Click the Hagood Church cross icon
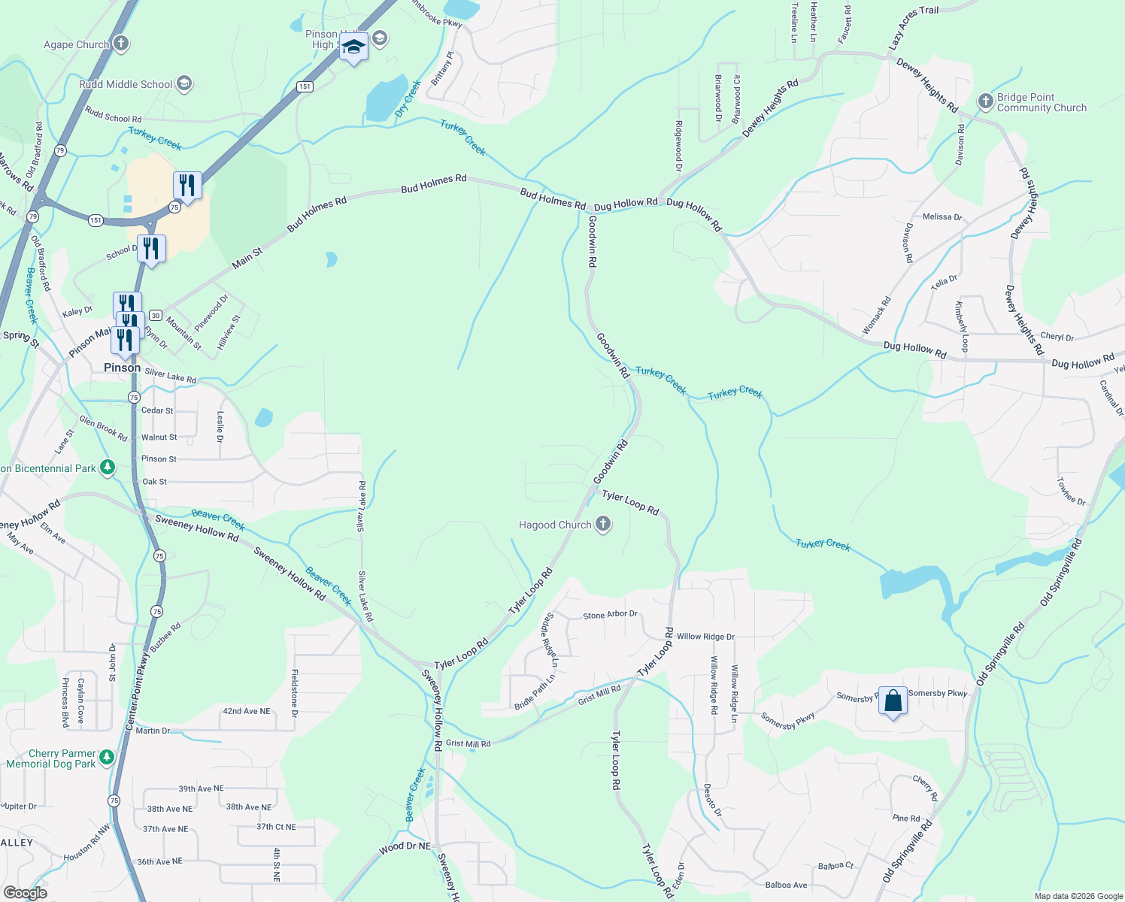[603, 525]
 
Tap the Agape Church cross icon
[121, 44]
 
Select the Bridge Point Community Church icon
[985, 101]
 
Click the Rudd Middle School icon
[184, 84]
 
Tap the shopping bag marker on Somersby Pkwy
[893, 701]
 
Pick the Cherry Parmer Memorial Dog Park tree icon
[107, 757]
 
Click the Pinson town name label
[122, 368]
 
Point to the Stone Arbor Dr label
[610, 615]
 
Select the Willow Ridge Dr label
[705, 637]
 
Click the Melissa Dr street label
[942, 216]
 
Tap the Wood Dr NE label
[405, 847]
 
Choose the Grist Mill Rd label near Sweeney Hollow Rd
[468, 743]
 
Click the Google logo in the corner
[26, 892]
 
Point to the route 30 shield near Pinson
[156, 315]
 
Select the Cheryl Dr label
[1057, 337]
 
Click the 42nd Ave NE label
[246, 711]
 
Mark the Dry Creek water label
[408, 99]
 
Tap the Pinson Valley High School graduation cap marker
[353, 48]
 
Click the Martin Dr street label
[153, 731]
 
